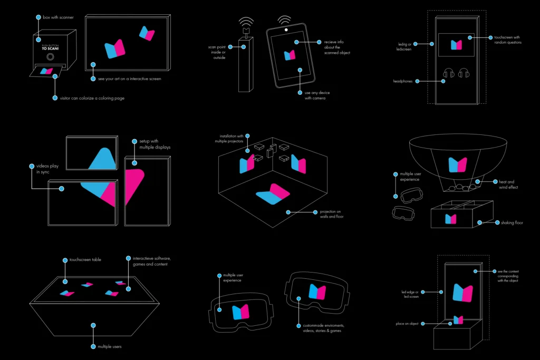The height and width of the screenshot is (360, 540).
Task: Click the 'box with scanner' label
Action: (x=58, y=17)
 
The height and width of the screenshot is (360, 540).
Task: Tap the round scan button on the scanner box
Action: (x=51, y=56)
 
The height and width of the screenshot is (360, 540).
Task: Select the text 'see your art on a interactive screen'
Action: (x=129, y=79)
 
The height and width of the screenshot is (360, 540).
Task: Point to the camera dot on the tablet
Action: (x=286, y=30)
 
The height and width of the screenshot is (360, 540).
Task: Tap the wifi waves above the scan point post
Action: (x=245, y=24)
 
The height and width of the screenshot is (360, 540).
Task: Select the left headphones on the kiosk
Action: (x=449, y=74)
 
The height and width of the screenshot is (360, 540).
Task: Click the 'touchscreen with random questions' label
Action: (x=508, y=40)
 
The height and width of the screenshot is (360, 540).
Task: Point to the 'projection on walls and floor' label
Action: (x=332, y=214)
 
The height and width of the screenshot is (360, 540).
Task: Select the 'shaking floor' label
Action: (x=512, y=223)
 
